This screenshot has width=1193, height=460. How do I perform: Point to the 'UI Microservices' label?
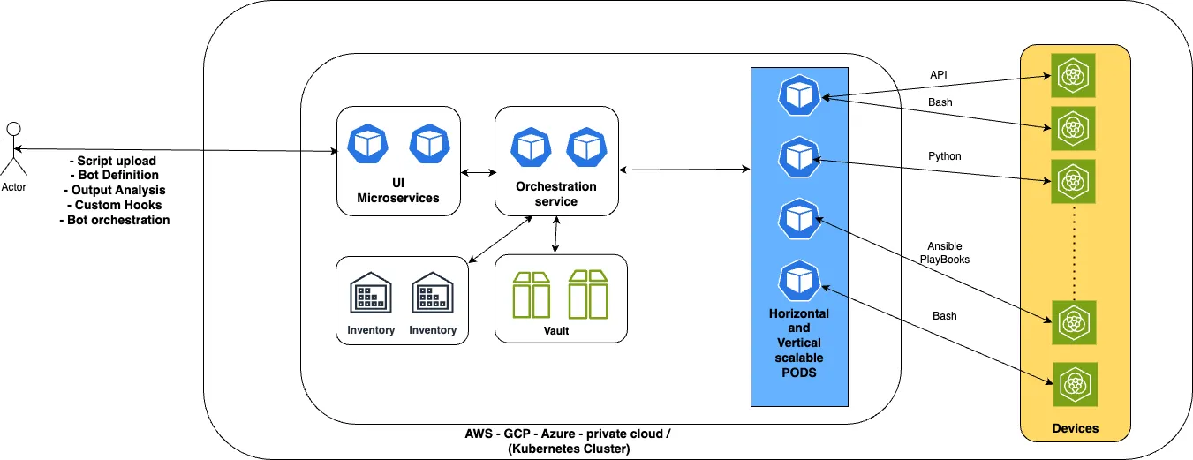[397, 192]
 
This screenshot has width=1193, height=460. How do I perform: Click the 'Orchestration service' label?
[555, 193]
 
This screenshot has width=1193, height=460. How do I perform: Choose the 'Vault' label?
[556, 331]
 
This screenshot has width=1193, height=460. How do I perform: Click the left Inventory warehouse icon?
[371, 291]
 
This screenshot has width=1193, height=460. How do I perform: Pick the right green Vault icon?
[589, 294]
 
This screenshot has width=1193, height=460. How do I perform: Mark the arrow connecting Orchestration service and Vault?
[555, 235]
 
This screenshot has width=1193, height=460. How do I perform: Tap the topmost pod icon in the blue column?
[798, 94]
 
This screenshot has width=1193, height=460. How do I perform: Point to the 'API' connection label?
[940, 74]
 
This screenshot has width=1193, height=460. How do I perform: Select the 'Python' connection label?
[944, 156]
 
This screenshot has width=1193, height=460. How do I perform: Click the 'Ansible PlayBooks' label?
[944, 253]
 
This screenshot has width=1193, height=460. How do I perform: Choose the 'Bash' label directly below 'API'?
[940, 103]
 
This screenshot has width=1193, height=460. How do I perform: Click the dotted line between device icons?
[1073, 252]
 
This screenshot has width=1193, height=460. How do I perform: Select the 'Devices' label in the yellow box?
[1075, 428]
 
